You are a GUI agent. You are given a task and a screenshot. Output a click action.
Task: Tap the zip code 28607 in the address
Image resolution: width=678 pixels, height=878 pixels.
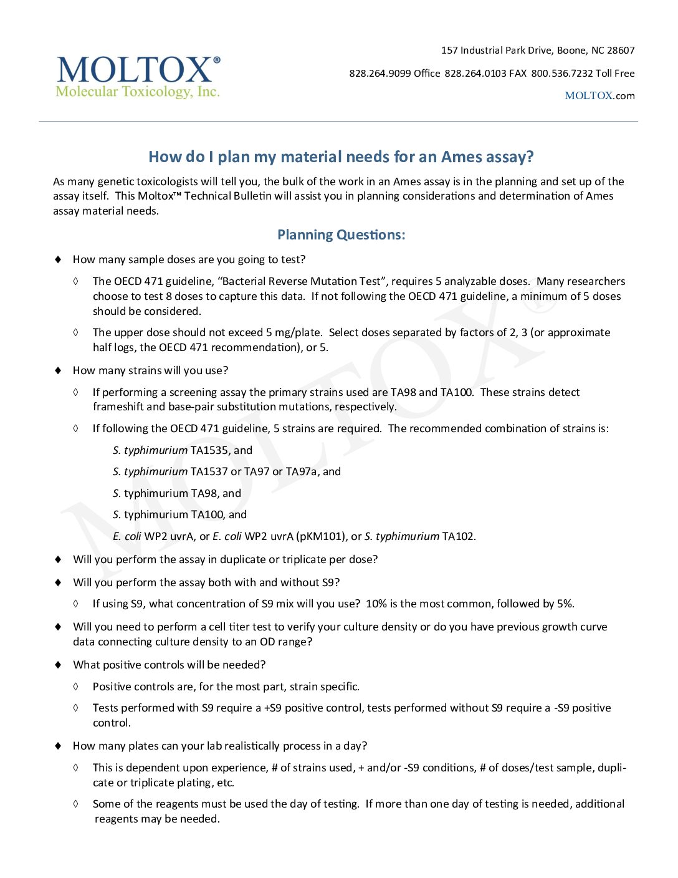[x=621, y=51]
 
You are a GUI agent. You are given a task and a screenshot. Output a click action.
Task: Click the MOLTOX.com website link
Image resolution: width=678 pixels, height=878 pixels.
[x=599, y=96]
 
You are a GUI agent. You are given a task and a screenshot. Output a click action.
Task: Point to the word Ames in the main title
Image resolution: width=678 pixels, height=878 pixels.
[x=461, y=157]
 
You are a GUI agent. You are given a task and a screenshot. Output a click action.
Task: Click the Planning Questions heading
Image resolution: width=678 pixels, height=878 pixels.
[x=341, y=235]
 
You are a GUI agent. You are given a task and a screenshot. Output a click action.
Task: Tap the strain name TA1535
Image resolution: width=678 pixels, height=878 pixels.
[x=210, y=450]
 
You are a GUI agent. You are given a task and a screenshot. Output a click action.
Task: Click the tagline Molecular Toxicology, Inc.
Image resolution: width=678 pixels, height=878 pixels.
[x=138, y=92]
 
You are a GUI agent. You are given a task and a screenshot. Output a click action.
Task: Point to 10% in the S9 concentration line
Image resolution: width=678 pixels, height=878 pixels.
[x=376, y=604]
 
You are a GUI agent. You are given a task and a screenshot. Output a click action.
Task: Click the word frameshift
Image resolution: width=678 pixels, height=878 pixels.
[x=118, y=407]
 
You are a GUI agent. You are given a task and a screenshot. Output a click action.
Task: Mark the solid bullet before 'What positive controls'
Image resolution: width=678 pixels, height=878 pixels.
[x=59, y=665]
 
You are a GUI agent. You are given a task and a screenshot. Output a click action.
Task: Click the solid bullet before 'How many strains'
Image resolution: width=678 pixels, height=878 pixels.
[x=59, y=370]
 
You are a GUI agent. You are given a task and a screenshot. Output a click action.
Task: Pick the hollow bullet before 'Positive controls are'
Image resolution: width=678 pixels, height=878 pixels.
[x=75, y=687]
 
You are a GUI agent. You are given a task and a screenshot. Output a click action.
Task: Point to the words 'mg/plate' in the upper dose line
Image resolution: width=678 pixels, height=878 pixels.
[x=298, y=332]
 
